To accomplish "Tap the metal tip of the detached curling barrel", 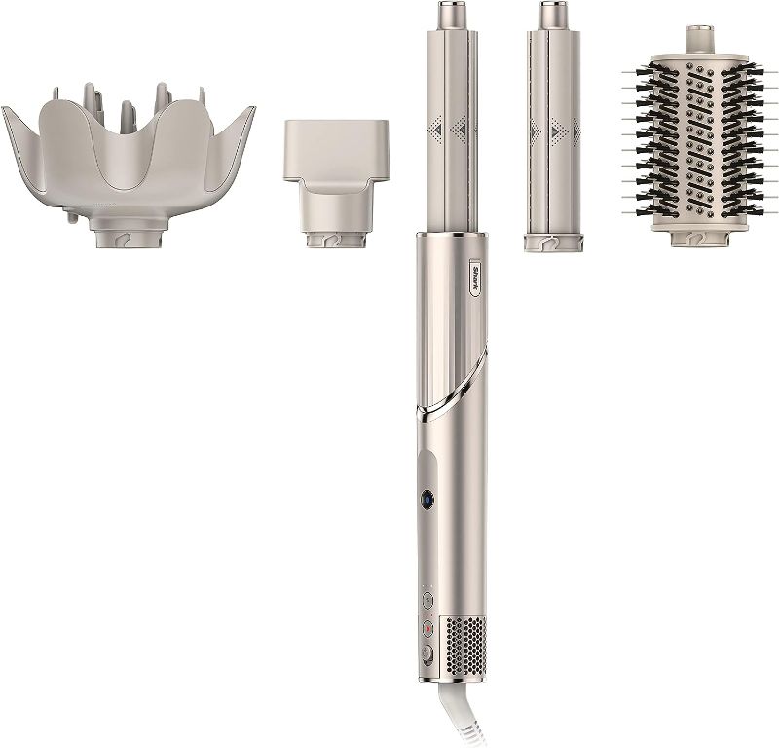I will [548, 18].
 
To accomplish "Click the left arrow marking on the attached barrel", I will [434, 128].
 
